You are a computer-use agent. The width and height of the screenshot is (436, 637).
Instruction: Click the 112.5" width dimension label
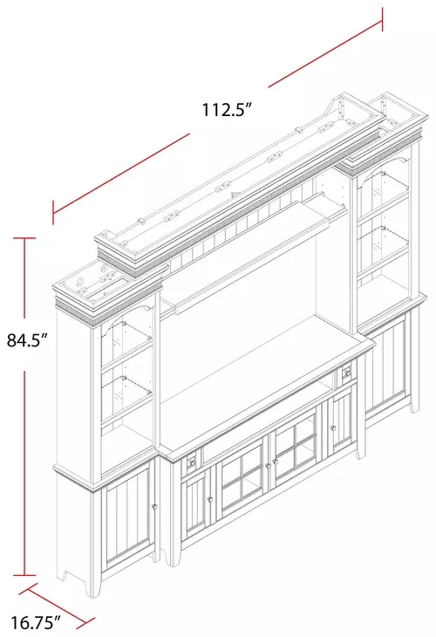[228, 109]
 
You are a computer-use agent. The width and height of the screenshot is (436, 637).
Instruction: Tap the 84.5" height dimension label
[27, 340]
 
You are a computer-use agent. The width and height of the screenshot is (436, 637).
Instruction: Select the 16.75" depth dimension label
[36, 621]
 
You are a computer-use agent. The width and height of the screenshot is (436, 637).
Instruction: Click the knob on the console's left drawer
[193, 462]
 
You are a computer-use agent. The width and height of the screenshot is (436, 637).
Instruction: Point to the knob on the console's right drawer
[348, 373]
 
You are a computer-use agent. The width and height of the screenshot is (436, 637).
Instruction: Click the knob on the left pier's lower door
[154, 507]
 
